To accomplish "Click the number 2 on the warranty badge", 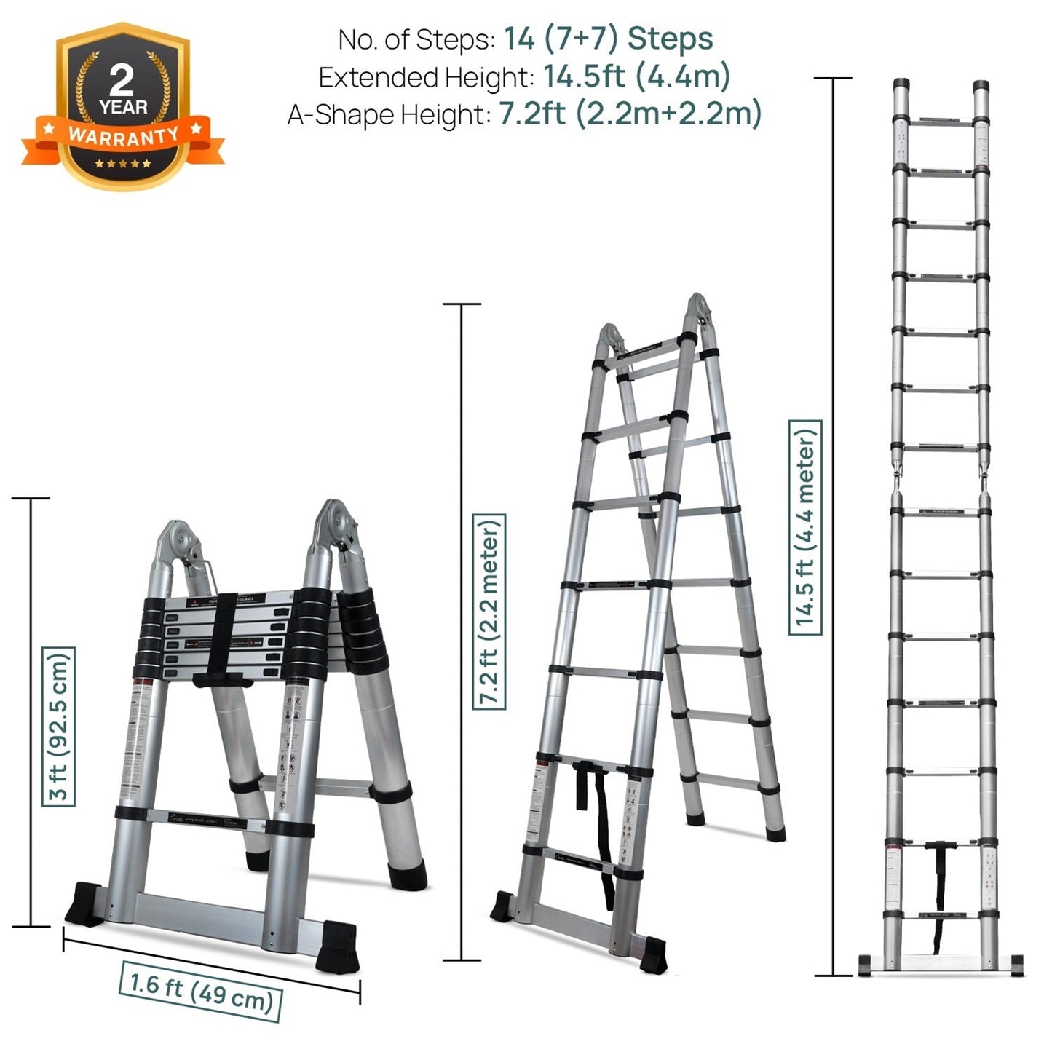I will (x=122, y=79).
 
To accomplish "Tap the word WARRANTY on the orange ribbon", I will (x=123, y=135).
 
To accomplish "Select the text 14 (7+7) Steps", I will (x=608, y=39).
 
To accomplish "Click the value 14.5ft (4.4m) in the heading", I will (x=636, y=76).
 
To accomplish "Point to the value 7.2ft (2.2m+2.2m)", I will (x=630, y=114).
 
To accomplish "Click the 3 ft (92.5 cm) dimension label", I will (x=58, y=726).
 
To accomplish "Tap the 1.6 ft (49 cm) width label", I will (x=201, y=991).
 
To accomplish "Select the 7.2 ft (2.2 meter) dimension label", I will (x=489, y=612).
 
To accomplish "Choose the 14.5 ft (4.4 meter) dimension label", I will (x=805, y=527).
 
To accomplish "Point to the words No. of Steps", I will (x=416, y=39).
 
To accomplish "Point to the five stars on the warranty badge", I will (x=123, y=163).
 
